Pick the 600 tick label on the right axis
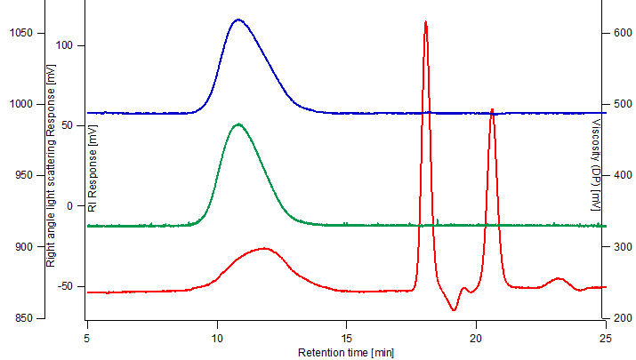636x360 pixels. tap(621, 32)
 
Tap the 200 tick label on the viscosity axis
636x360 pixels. tap(621, 317)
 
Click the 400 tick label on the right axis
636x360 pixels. tap(621, 175)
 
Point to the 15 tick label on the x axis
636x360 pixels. tap(347, 339)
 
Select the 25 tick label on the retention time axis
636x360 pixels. tap(606, 339)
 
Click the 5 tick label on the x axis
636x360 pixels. tap(87, 339)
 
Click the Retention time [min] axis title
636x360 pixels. tap(346, 353)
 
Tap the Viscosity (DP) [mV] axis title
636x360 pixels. tap(595, 165)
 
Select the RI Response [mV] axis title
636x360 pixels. tap(93, 168)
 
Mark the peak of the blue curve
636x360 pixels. tap(237, 20)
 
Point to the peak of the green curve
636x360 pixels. tap(237, 124)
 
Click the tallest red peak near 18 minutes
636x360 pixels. tap(425, 21)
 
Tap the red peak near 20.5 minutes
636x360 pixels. tap(492, 109)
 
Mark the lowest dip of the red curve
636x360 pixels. tap(454, 310)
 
